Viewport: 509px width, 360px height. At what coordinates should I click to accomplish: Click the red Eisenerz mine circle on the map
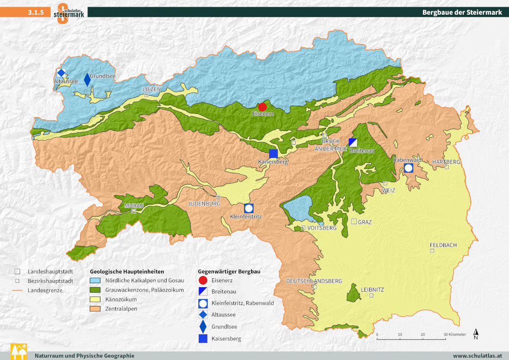263,107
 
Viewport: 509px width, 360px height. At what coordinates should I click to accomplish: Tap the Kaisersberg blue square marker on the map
274,154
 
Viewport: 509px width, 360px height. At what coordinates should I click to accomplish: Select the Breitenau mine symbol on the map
353,142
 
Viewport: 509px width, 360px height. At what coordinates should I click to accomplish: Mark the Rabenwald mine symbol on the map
409,168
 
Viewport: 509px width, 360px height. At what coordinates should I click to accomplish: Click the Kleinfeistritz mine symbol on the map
249,208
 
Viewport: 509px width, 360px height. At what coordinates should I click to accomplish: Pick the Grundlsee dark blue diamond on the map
87,80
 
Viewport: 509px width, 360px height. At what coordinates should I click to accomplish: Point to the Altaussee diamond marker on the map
61,73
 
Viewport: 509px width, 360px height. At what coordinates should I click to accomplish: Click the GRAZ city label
365,222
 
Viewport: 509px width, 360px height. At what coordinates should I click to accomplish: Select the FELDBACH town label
443,245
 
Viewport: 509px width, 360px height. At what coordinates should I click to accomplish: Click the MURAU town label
134,205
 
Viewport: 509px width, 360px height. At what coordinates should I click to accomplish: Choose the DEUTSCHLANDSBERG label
314,281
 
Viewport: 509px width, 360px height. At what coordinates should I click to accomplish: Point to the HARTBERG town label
446,162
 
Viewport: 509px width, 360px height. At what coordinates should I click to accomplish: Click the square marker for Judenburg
218,197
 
